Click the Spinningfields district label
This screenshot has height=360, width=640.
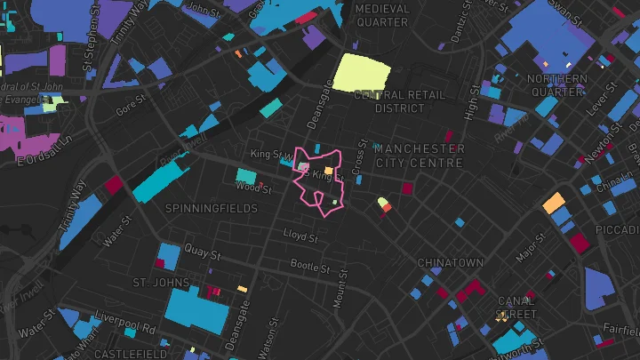[x=212, y=208]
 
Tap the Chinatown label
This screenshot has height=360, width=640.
[x=451, y=263]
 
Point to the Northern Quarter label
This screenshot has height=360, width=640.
[x=557, y=84]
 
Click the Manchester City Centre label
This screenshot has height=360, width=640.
[x=420, y=156]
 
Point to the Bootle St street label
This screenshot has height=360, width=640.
[x=310, y=266]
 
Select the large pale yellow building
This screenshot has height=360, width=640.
[x=363, y=72]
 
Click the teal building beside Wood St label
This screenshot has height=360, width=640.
[x=246, y=176]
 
